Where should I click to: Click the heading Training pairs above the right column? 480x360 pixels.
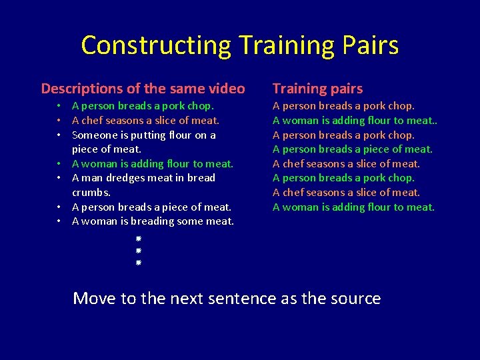pos(317,89)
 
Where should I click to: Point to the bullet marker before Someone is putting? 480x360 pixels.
pos(59,135)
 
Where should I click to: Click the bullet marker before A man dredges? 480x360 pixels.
pos(59,178)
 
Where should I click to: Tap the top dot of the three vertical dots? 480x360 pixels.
pos(137,238)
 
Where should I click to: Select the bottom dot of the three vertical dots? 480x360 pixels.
pos(137,263)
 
